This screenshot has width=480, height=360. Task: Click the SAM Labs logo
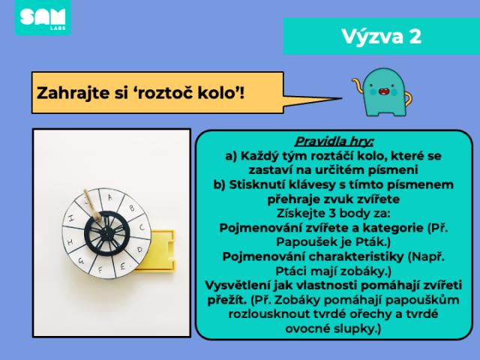tap(43, 18)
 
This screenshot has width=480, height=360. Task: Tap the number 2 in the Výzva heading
tap(415, 37)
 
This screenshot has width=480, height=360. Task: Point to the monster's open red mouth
tap(383, 91)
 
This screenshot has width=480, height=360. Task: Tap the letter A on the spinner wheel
tap(110, 198)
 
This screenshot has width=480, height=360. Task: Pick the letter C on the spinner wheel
tap(142, 227)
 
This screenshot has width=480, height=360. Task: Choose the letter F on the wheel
tap(100, 270)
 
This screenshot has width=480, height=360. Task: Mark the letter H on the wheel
tap(70, 242)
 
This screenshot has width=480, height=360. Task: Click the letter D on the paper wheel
tap(140, 250)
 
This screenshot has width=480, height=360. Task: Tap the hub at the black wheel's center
tap(106, 233)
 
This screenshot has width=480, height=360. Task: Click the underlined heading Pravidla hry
tap(334, 142)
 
